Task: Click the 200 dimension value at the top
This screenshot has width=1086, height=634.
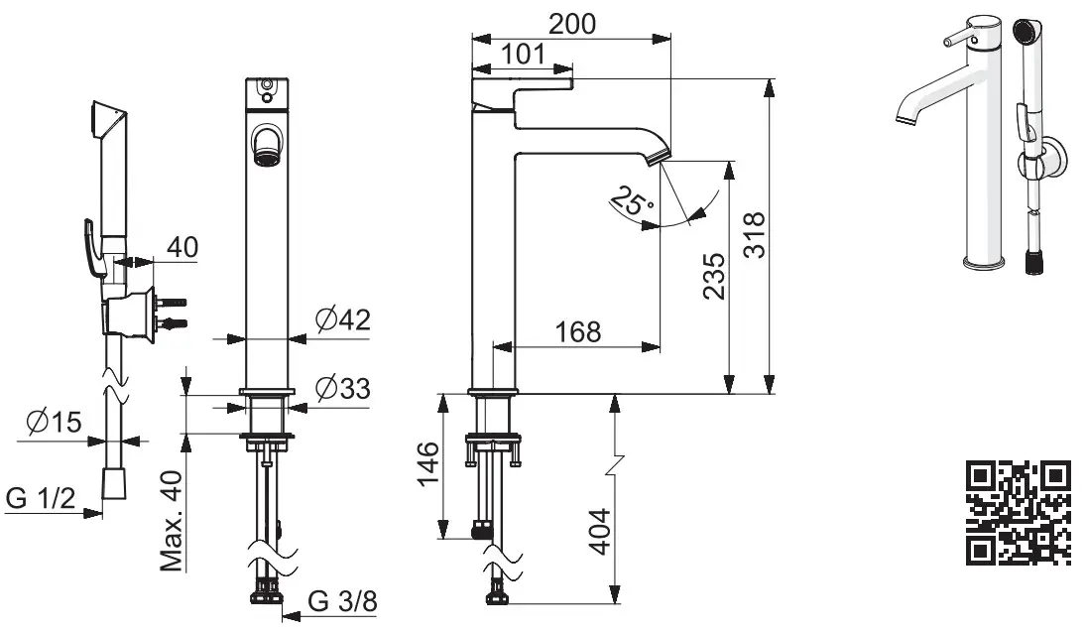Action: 573,24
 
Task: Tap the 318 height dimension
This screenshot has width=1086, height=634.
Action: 755,235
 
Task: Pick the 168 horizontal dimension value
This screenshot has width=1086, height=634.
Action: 578,331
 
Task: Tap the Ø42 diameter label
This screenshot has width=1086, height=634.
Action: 342,319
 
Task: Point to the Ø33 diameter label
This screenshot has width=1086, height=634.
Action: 342,388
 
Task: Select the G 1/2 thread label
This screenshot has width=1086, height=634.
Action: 42,498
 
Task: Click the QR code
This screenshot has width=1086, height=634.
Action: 1018,513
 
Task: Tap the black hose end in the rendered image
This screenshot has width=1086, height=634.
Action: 1032,262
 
